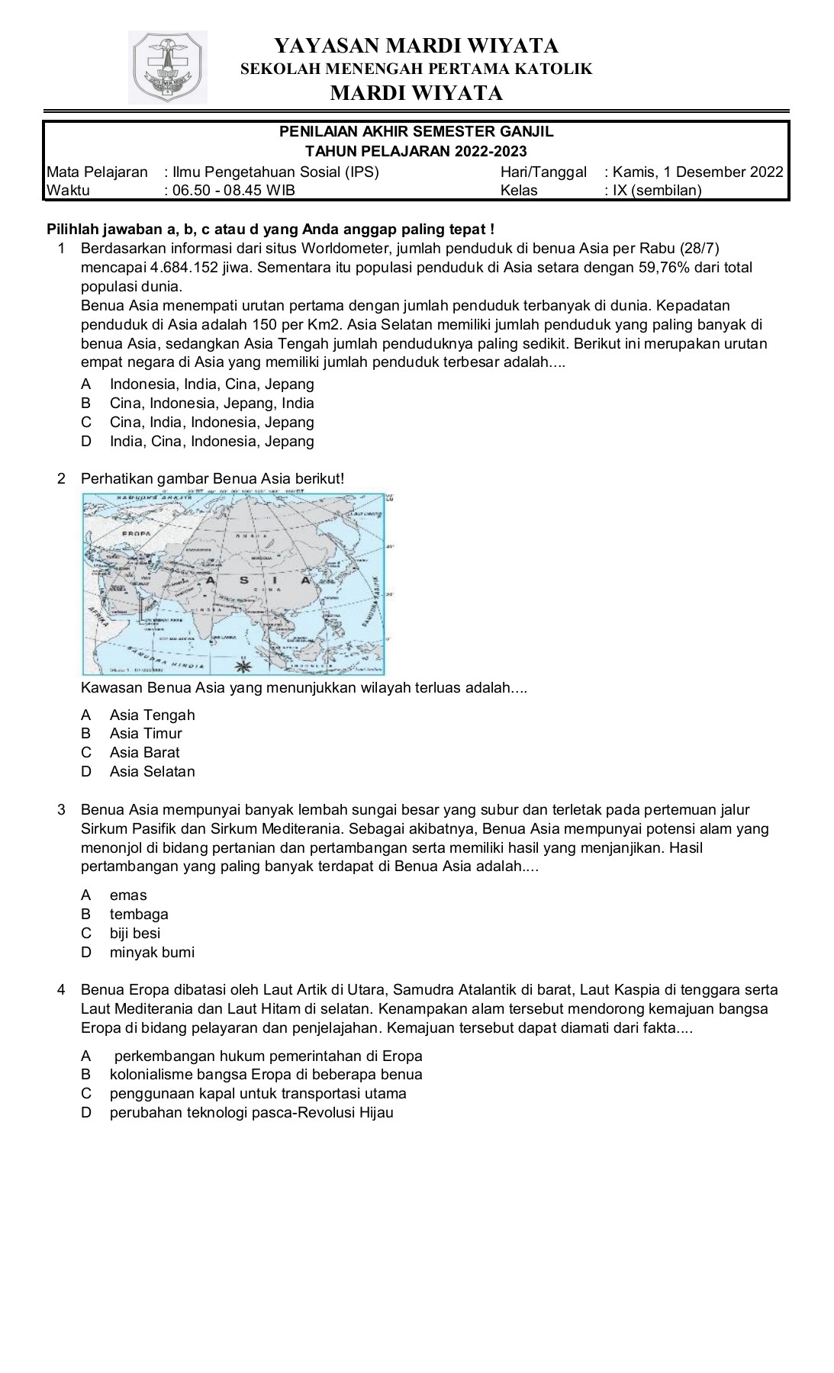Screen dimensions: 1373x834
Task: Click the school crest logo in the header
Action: click(x=168, y=67)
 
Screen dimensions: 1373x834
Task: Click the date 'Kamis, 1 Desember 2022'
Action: click(x=697, y=172)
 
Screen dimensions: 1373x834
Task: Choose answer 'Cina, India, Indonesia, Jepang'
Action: click(x=211, y=422)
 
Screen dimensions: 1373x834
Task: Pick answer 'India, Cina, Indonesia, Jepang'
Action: click(x=211, y=441)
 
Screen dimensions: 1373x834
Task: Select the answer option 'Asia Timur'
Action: click(x=146, y=733)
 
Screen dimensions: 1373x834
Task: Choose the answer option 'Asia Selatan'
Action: click(x=152, y=771)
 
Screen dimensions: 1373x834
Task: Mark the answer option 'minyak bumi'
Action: click(x=152, y=952)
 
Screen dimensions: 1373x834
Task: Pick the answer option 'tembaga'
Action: click(x=139, y=914)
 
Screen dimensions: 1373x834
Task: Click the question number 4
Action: click(x=62, y=990)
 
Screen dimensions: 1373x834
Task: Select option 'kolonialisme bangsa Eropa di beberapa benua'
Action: click(x=266, y=1074)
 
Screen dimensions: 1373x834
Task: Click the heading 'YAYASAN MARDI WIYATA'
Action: click(x=416, y=46)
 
